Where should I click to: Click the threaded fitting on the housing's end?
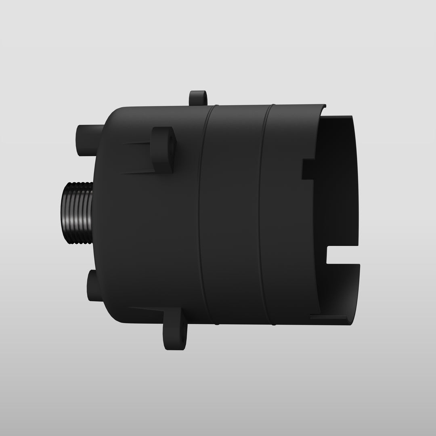[77, 213]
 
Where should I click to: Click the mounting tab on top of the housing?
[198, 98]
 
